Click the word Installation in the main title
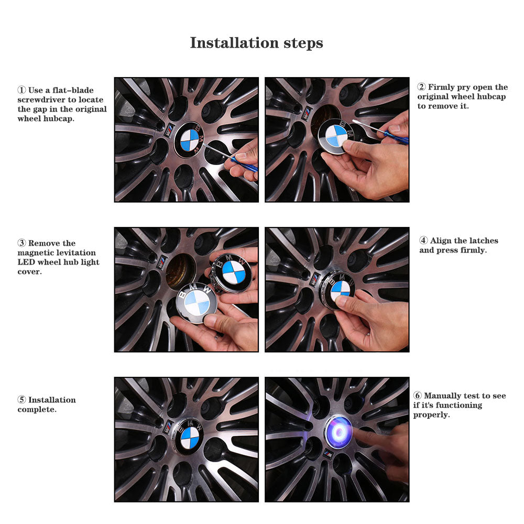[x=234, y=43]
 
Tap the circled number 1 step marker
[x=21, y=90]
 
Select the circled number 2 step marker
[x=421, y=87]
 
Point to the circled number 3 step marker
[x=21, y=243]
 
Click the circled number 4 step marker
[x=423, y=241]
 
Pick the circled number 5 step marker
[x=21, y=400]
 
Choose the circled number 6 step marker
[x=418, y=395]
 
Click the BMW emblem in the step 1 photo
[x=189, y=140]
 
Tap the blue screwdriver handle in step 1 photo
[x=244, y=163]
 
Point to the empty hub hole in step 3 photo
[x=180, y=271]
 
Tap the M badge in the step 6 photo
[x=328, y=454]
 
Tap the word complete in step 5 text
[x=36, y=410]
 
